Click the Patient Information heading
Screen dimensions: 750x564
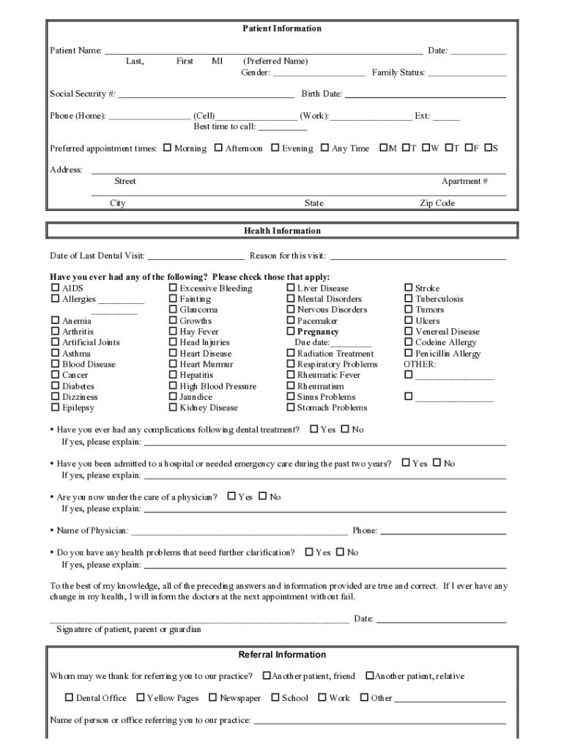point(282,29)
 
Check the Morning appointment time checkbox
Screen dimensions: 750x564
point(167,148)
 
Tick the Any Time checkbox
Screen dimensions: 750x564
point(324,148)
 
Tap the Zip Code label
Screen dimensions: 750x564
point(437,203)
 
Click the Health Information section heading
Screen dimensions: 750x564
point(282,231)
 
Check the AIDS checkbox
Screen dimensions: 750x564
point(55,288)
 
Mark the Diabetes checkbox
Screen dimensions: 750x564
point(55,386)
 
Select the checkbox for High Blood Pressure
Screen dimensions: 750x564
point(173,386)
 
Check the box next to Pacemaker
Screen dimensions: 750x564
point(290,321)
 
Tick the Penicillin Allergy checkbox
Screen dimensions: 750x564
point(409,353)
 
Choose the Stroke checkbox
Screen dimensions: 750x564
point(409,288)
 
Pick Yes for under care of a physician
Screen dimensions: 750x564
point(231,497)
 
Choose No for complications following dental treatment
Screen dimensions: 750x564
point(345,429)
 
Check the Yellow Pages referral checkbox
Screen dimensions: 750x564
point(141,697)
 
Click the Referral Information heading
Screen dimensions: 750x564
point(282,655)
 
